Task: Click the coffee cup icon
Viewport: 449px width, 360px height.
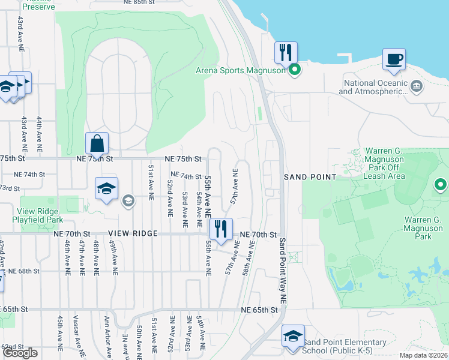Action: point(394,59)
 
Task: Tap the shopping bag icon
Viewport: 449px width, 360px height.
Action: point(97,143)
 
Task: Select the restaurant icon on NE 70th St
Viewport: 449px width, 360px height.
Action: point(220,229)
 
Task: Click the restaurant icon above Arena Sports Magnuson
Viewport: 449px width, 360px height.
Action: point(286,52)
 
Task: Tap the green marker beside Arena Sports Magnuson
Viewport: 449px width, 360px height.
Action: point(295,71)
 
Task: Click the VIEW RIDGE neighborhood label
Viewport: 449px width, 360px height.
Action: point(133,233)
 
